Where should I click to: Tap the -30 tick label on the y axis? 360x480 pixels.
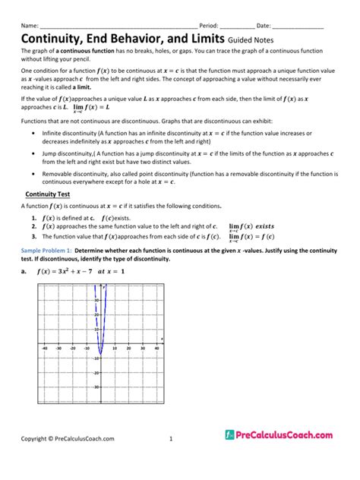(96, 387)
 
